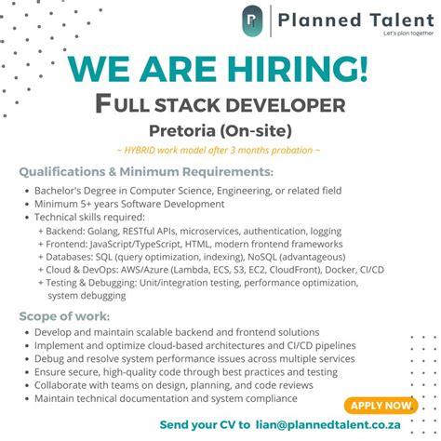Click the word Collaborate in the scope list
tap(65, 384)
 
